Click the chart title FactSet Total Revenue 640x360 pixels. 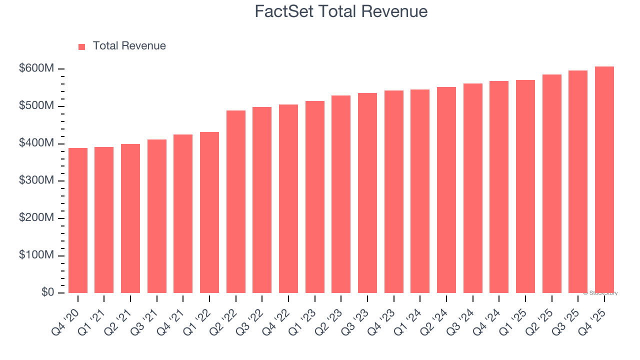(x=341, y=11)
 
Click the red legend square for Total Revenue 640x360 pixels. (x=82, y=46)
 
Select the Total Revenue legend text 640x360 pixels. (x=129, y=46)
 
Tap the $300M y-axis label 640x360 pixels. (x=36, y=180)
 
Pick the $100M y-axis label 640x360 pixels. (x=36, y=255)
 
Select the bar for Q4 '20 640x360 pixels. (x=78, y=220)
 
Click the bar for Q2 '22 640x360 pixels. (x=236, y=201)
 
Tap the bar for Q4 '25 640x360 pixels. (x=604, y=180)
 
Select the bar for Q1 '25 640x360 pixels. (x=525, y=186)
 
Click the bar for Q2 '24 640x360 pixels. (x=446, y=190)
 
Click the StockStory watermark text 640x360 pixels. (x=600, y=293)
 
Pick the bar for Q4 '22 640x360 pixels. (x=288, y=198)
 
